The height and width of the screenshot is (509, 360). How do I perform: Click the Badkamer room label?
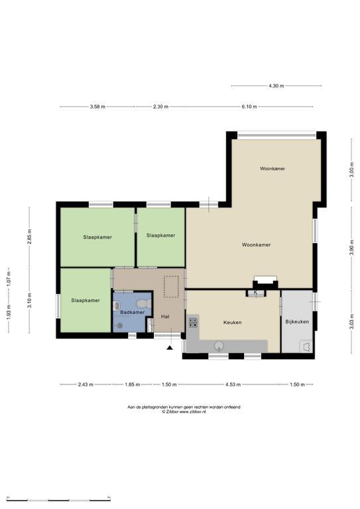point(132,312)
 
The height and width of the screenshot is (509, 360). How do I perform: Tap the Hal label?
point(165,317)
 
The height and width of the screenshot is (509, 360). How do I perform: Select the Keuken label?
point(233,323)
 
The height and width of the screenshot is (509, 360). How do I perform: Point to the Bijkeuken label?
point(297,321)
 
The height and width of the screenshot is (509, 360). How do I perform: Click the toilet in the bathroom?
point(143,304)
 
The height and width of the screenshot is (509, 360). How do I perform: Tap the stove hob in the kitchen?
point(193,322)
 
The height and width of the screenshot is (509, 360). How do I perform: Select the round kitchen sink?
point(219,346)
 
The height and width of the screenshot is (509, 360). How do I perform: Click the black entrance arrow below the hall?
point(170,348)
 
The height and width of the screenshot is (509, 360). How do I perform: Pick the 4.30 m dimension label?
point(276,86)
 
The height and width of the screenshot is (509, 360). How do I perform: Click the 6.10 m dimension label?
point(249,107)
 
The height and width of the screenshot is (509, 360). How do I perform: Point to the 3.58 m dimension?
point(97,107)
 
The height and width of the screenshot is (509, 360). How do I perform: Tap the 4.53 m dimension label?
point(233,384)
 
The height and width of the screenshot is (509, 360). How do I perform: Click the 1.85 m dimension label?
point(132,384)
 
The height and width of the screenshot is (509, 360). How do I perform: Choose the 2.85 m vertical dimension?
point(30,237)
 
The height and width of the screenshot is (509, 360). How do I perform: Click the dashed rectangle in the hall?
point(171,286)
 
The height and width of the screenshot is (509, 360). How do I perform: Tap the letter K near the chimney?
point(255,292)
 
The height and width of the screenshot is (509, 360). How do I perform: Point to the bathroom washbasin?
point(117,306)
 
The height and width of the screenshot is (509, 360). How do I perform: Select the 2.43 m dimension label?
point(86,384)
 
